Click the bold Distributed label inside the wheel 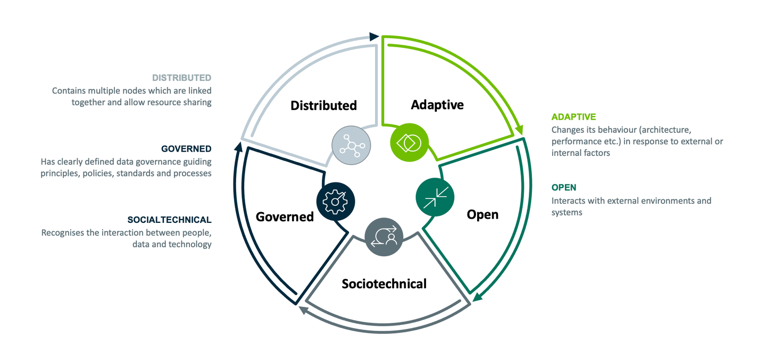click(323, 105)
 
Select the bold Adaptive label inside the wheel click(437, 104)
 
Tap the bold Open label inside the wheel click(482, 214)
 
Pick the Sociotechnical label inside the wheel click(384, 283)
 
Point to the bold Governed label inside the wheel click(285, 216)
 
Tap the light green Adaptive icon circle click(409, 143)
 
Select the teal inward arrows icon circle click(435, 197)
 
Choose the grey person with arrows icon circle click(384, 237)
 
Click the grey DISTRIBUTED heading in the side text click(181, 78)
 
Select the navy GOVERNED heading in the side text click(186, 149)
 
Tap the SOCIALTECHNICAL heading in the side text click(169, 220)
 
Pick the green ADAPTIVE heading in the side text click(573, 116)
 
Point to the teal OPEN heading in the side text click(564, 187)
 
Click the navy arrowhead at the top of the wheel click(374, 37)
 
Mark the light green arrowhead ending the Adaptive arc click(519, 130)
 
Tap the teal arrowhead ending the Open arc click(478, 297)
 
